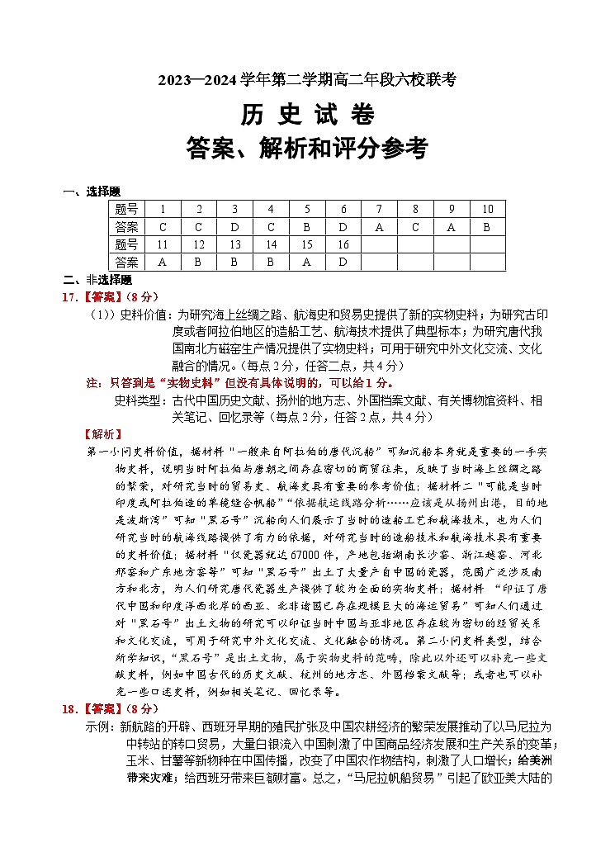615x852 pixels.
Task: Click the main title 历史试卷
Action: (307, 114)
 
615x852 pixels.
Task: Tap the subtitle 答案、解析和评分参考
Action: (307, 149)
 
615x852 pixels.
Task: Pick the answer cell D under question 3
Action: (234, 226)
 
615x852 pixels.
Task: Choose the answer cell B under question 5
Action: (306, 226)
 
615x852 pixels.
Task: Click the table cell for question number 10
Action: (487, 209)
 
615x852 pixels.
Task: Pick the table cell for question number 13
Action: (234, 244)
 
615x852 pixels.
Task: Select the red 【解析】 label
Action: (104, 433)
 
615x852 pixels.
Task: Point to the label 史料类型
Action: (143, 400)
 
